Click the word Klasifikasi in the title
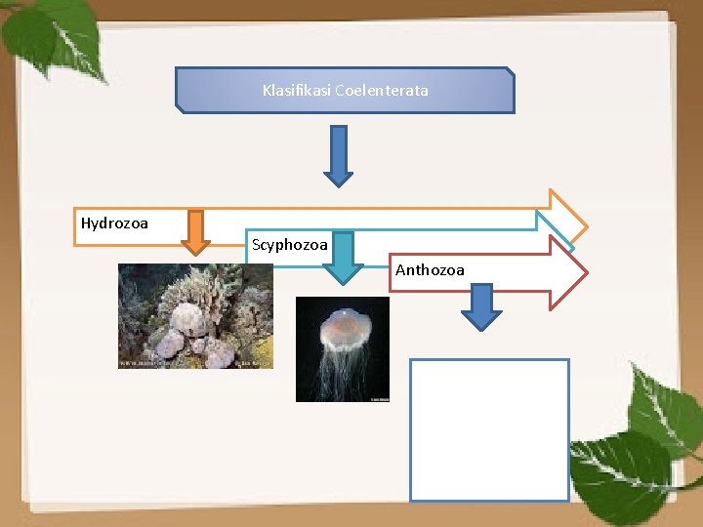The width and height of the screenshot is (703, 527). (x=296, y=91)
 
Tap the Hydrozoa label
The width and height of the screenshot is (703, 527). (x=114, y=223)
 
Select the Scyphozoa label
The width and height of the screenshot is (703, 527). (x=289, y=245)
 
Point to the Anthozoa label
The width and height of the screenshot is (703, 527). (x=430, y=270)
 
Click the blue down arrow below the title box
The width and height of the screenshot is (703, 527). (x=338, y=155)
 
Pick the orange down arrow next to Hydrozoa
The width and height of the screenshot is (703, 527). (x=195, y=232)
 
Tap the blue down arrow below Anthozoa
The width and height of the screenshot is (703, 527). (x=481, y=305)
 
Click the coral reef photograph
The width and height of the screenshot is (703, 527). (x=195, y=315)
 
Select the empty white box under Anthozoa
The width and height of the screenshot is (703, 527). (x=489, y=429)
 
